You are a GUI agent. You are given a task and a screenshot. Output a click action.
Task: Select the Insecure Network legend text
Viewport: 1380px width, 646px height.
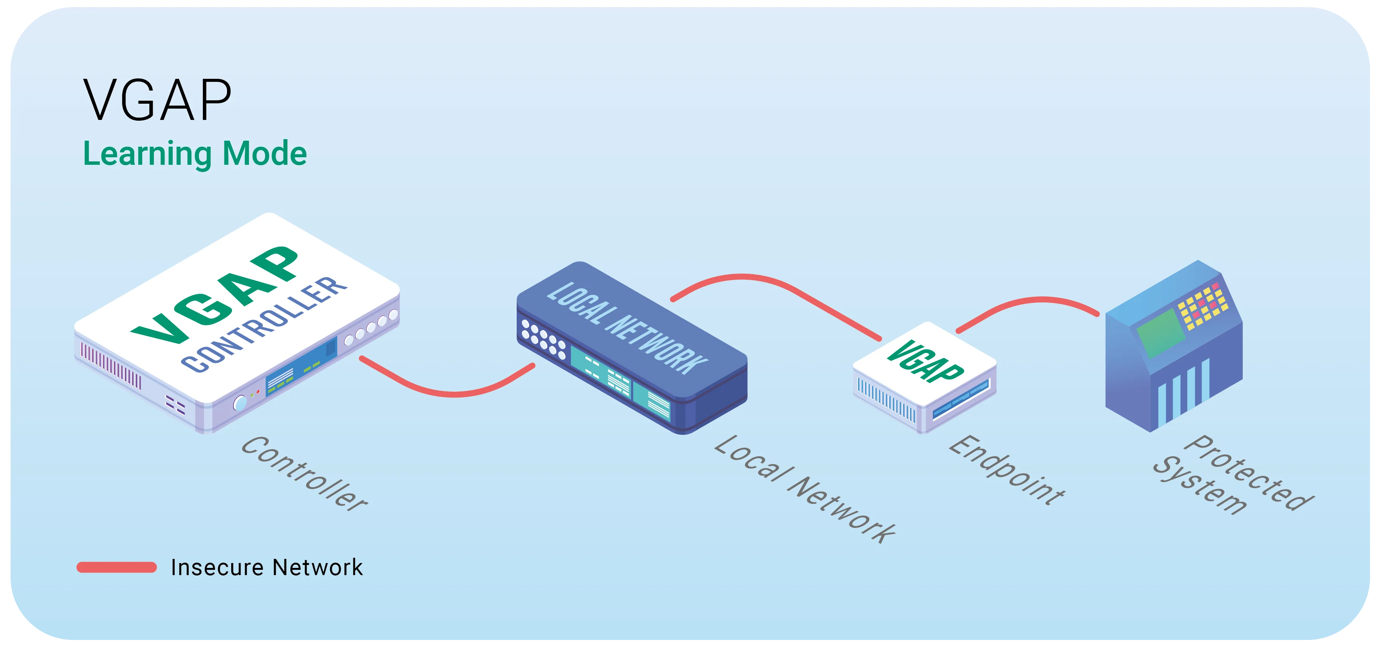(266, 567)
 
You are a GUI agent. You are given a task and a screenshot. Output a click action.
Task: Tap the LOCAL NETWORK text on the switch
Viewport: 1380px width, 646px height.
(627, 328)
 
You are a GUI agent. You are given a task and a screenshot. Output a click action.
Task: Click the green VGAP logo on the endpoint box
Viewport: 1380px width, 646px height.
(925, 362)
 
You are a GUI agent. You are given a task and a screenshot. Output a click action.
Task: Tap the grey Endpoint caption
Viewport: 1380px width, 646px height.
(1007, 470)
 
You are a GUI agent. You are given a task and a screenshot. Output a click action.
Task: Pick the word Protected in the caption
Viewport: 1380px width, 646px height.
(1248, 473)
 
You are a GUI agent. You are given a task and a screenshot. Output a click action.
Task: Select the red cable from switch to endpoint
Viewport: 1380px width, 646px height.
(777, 289)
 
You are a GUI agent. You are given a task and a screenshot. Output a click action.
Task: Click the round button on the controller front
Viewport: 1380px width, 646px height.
(240, 402)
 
